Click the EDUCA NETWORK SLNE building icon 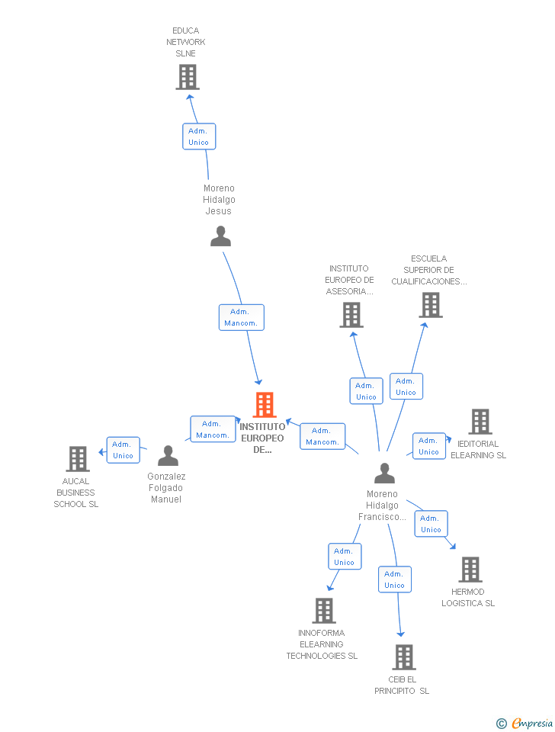tap(188, 77)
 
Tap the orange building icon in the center tap(264, 405)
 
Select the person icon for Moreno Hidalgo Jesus tap(220, 236)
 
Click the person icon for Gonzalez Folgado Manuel tap(168, 456)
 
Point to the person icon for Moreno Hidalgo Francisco tap(384, 474)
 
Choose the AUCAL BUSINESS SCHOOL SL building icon tap(78, 459)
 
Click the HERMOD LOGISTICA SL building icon tap(470, 570)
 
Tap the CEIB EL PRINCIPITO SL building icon tap(403, 657)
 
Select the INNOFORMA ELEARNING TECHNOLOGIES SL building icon tap(324, 611)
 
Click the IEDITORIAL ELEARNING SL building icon tap(480, 422)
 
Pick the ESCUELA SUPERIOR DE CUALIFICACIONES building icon tap(431, 305)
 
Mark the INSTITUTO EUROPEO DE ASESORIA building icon tap(351, 315)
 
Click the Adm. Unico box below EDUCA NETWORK tap(199, 136)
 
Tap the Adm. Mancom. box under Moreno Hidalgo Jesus tap(241, 317)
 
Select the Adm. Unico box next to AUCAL tap(123, 450)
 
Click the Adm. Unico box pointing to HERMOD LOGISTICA tap(431, 524)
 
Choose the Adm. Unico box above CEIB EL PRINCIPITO tap(394, 579)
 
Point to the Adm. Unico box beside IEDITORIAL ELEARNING tap(428, 446)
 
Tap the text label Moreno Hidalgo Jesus tap(220, 200)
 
